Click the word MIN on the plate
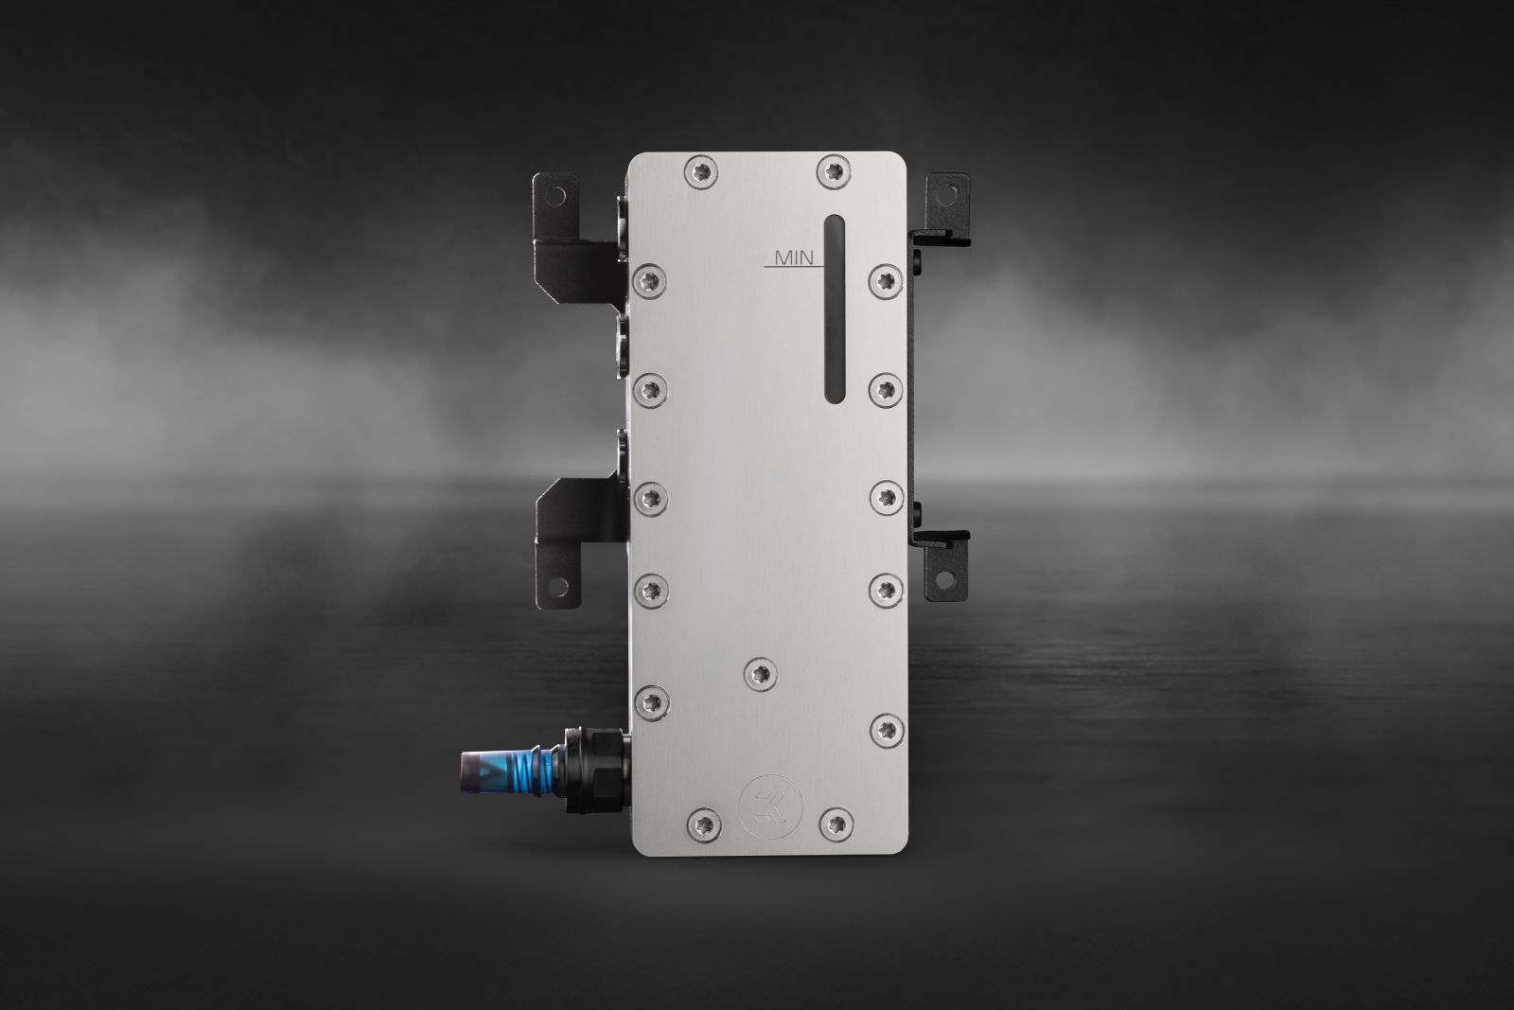794,257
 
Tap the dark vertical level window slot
836,309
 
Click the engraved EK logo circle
770,806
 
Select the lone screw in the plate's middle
761,674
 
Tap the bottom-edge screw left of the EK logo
704,824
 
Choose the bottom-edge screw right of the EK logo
836,824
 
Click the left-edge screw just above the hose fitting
652,701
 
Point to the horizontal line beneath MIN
794,266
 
